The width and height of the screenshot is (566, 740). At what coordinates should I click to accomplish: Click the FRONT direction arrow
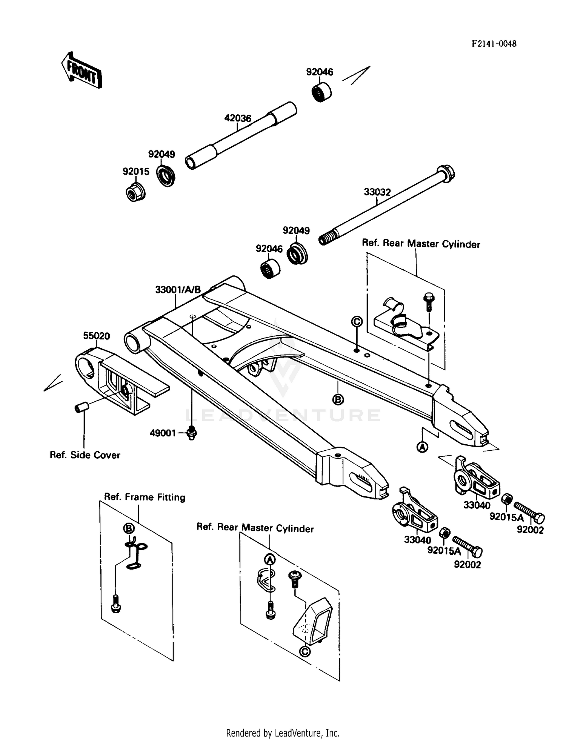[82, 70]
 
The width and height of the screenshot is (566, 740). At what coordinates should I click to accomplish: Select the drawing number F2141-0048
[494, 44]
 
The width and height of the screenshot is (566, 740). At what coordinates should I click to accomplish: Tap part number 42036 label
[238, 118]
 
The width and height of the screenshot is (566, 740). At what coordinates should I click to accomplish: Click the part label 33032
[377, 192]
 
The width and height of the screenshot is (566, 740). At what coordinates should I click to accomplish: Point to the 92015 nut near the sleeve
[135, 192]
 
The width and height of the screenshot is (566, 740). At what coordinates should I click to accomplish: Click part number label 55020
[97, 336]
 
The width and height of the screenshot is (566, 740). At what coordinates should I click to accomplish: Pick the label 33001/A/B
[178, 290]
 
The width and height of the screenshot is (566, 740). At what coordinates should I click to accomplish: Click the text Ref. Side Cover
[85, 455]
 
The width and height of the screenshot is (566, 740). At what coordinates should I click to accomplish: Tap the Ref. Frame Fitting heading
[145, 497]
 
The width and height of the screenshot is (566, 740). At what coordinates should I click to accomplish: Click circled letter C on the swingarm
[357, 321]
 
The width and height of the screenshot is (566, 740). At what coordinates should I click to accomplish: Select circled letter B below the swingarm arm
[338, 399]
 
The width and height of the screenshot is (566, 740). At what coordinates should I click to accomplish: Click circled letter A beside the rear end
[422, 447]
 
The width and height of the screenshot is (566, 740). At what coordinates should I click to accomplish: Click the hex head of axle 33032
[446, 173]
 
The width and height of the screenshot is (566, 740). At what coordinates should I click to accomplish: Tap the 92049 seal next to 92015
[166, 175]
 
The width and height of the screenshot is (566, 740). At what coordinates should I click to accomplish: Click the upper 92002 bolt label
[530, 530]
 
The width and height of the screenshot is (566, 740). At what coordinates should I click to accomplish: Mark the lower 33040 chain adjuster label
[417, 540]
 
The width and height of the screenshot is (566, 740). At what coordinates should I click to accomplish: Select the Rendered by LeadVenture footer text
[283, 733]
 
